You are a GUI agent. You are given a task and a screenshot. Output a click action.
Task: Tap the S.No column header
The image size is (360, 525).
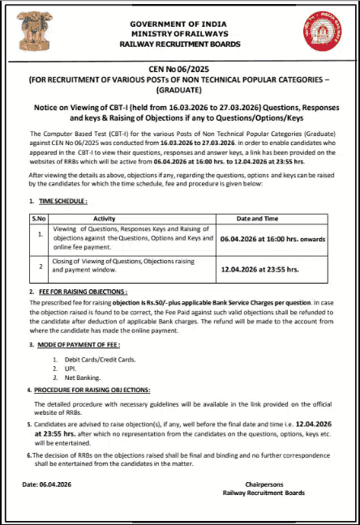pos(38,219)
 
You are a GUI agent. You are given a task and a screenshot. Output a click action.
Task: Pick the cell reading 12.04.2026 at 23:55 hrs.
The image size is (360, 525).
pos(259,268)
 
